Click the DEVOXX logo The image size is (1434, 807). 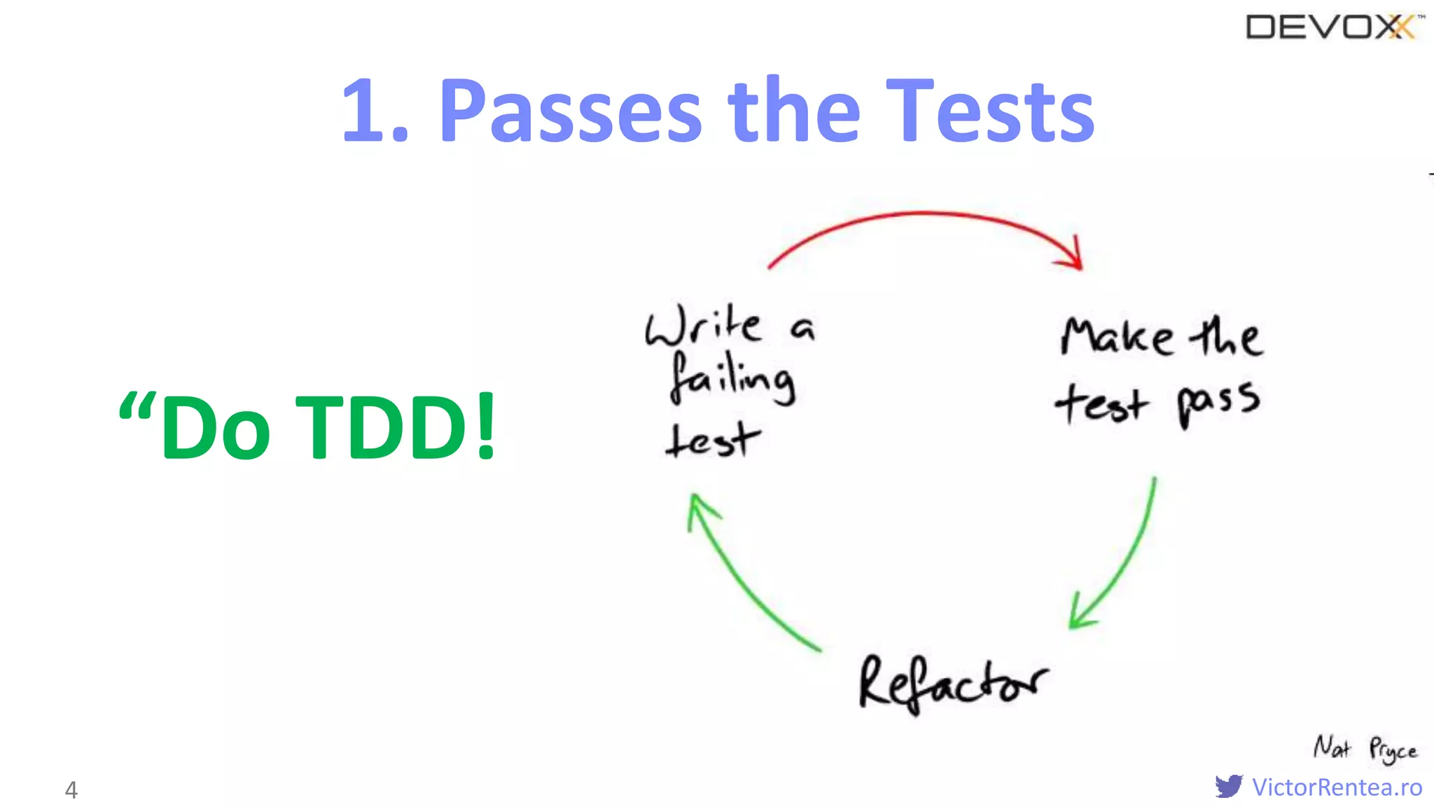click(1334, 28)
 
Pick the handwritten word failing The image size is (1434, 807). click(732, 378)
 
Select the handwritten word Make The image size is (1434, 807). click(1116, 337)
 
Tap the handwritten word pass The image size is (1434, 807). click(1218, 403)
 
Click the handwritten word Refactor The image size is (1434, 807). click(952, 684)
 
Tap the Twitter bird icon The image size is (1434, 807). click(1229, 786)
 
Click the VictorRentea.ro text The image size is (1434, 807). click(1337, 787)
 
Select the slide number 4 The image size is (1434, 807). click(71, 789)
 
